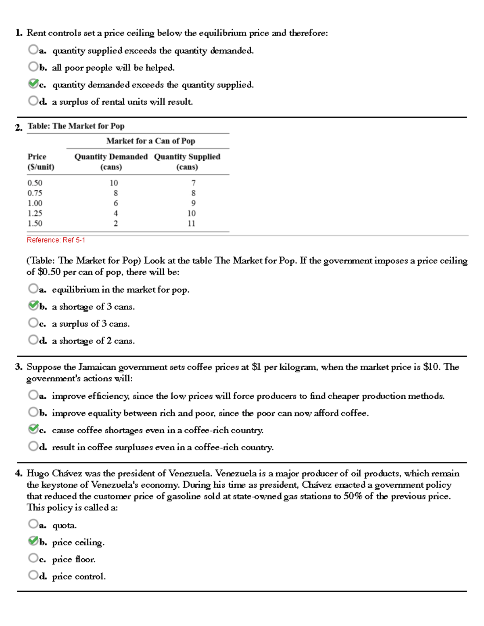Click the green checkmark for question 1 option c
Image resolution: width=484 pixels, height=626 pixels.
33,83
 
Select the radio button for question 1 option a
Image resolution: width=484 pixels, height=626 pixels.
33,49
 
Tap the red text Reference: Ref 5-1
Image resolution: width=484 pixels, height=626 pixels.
56,240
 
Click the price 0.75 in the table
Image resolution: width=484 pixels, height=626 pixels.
35,193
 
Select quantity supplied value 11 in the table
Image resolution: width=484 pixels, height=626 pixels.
191,224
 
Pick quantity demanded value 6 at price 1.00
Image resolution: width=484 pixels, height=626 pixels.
116,204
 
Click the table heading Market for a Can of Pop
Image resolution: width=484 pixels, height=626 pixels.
150,141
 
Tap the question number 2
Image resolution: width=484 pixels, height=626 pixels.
19,128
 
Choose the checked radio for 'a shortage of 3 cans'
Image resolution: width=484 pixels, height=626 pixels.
33,306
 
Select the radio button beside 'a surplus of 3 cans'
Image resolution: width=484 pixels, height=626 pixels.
33,322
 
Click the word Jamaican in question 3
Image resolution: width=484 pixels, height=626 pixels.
97,367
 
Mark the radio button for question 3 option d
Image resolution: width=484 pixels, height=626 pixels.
33,446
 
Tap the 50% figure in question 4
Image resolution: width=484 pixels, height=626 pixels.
353,496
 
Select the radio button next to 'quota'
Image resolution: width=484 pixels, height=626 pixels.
33,524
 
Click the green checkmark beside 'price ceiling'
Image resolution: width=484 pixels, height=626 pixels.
33,541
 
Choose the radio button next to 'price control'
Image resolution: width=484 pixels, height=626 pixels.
33,575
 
